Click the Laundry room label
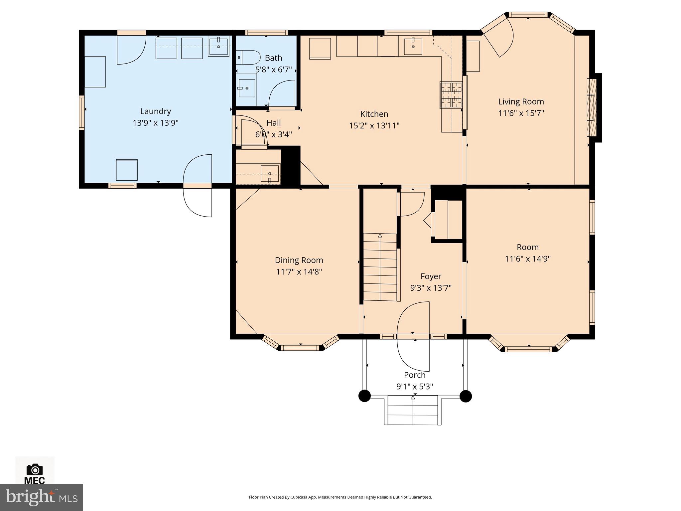coord(155,111)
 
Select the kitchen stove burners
coord(451,95)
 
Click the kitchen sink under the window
coord(413,46)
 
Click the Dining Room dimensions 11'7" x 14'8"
coord(299,272)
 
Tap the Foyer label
coord(431,276)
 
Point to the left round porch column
coord(364,396)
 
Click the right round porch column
coord(466,396)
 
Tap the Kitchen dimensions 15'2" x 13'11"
coord(374,125)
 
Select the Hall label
coord(274,123)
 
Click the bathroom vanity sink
coord(246,88)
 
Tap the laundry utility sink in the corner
coord(218,46)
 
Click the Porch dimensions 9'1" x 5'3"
coord(414,386)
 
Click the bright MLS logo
coord(41,497)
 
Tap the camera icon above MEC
coord(35,469)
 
